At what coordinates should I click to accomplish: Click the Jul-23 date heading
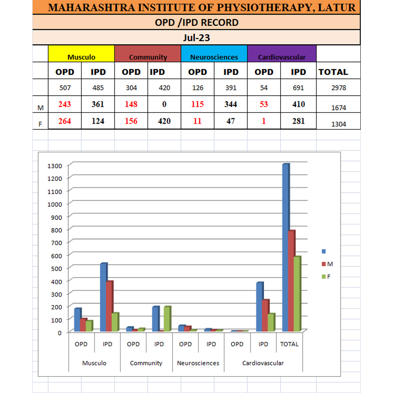click(x=196, y=38)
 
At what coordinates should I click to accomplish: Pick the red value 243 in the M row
click(x=65, y=104)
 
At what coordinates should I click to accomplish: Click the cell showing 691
click(x=298, y=88)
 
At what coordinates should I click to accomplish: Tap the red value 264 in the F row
click(x=65, y=121)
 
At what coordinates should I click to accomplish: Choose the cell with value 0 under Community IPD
click(x=164, y=104)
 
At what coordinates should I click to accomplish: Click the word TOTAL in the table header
click(x=333, y=72)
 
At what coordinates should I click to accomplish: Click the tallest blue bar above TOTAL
click(x=285, y=248)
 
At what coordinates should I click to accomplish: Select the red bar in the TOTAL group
click(x=291, y=281)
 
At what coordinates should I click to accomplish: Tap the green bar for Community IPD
click(x=167, y=319)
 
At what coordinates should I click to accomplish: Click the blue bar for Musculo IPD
click(x=103, y=297)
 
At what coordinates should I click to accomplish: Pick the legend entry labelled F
click(x=329, y=276)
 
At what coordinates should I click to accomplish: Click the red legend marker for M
click(x=324, y=264)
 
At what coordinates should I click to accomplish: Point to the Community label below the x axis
click(x=146, y=363)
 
